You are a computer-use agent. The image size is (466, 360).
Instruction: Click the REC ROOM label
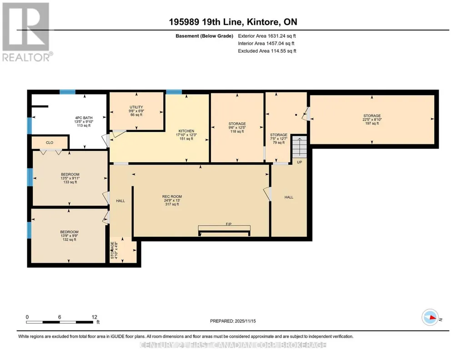click(172, 196)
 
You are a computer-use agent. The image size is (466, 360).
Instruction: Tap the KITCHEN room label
click(186, 131)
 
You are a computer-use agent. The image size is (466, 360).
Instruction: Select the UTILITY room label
click(136, 107)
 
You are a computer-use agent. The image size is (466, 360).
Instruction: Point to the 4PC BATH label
click(84, 118)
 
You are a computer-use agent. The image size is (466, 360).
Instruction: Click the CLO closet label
click(50, 143)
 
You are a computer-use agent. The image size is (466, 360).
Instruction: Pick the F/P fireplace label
click(229, 224)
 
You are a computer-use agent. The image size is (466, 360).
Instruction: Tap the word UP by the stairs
click(299, 162)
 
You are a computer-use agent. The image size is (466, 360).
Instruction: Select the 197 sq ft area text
click(372, 123)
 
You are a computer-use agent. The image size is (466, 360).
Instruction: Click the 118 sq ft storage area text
click(237, 131)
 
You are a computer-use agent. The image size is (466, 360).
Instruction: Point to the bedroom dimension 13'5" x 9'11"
click(70, 178)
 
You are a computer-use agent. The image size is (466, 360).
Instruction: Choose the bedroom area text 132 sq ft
click(70, 240)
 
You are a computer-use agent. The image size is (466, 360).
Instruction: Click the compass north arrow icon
click(431, 317)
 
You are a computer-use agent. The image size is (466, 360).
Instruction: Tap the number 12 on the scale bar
click(95, 317)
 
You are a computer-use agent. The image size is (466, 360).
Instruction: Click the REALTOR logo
click(27, 32)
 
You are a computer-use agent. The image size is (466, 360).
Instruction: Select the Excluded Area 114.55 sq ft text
click(267, 51)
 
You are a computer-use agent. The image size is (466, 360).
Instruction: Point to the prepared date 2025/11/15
click(245, 321)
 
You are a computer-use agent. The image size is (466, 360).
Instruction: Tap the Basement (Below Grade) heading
click(204, 36)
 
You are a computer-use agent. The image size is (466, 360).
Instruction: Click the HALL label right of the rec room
click(289, 197)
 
